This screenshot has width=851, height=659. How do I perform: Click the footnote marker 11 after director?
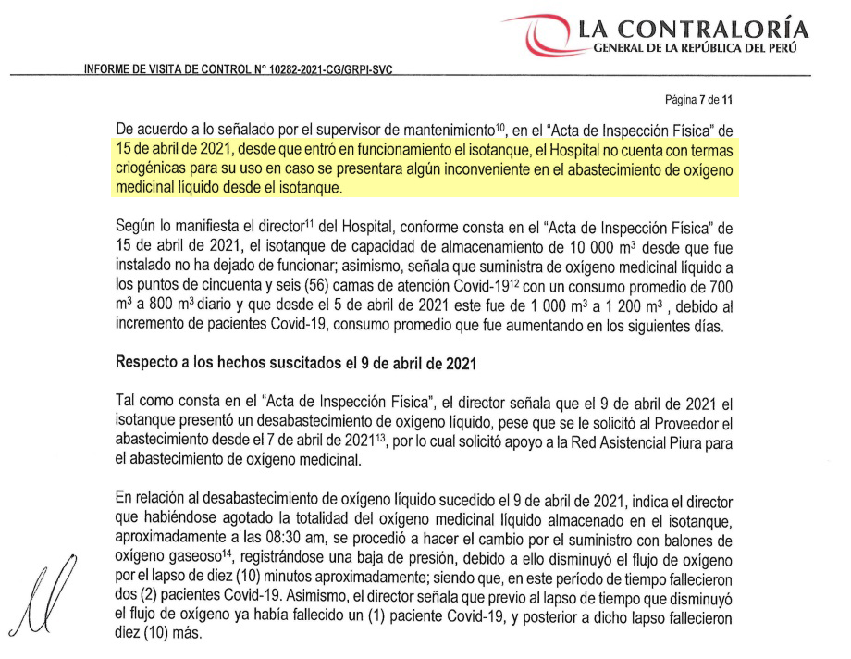point(307,223)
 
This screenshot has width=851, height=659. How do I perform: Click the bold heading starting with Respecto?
point(296,364)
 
